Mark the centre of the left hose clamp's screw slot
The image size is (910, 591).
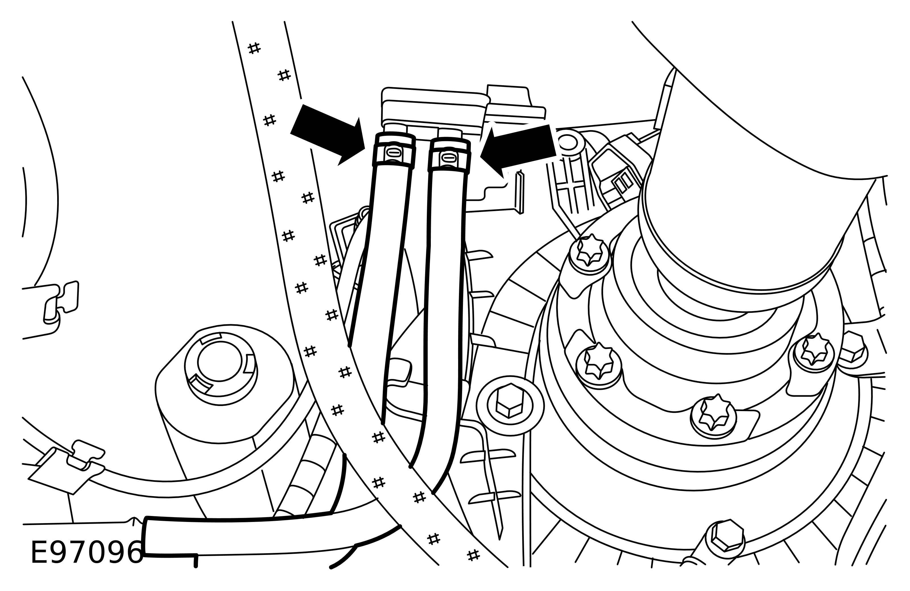(x=394, y=152)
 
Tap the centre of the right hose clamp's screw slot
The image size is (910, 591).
(x=448, y=157)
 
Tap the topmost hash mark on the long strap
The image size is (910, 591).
(x=254, y=48)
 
